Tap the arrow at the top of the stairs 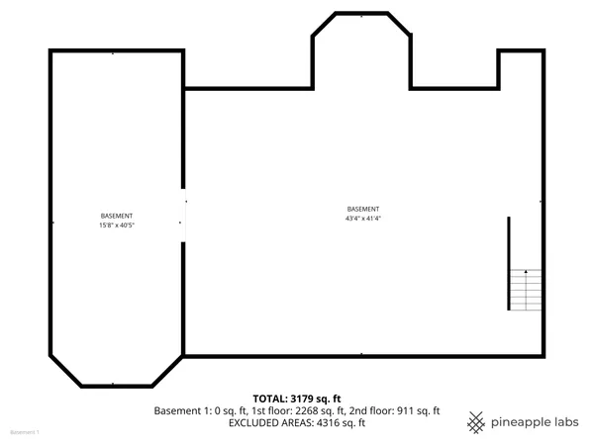coord(526,272)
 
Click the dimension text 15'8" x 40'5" coord(117,225)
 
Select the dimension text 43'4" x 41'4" coord(362,219)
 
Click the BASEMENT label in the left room coord(117,216)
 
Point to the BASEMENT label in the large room coord(362,209)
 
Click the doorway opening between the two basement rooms coord(183,214)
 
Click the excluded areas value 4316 coord(332,423)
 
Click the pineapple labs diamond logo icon coord(476,421)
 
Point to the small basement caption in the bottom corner coord(24,433)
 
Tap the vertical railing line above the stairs coord(509,242)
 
